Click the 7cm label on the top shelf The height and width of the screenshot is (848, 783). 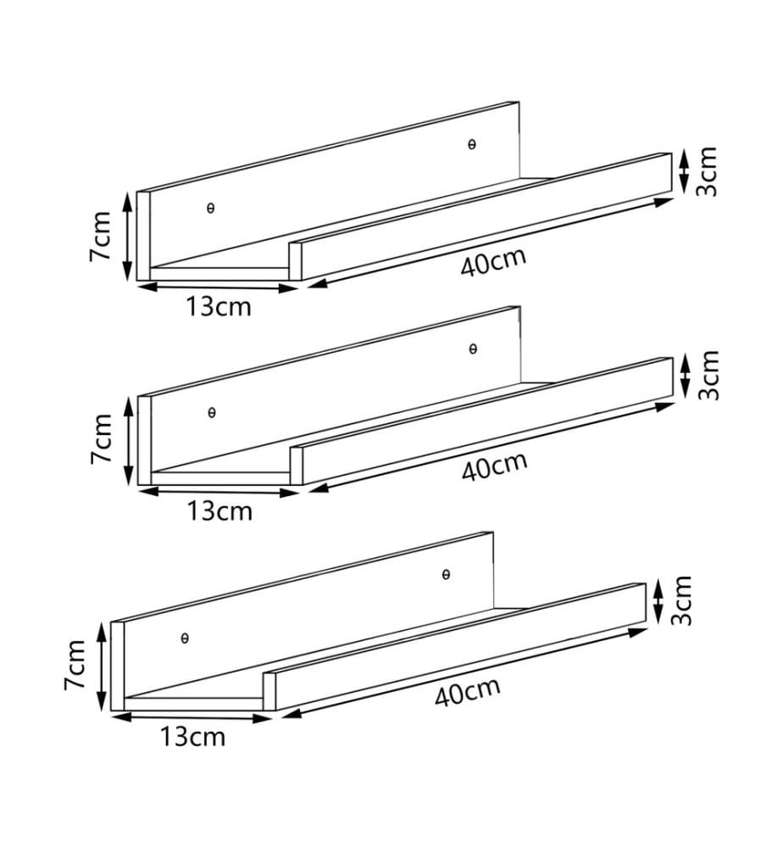click(100, 237)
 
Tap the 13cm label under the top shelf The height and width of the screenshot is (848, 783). click(219, 307)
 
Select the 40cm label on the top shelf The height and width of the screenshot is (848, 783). click(493, 261)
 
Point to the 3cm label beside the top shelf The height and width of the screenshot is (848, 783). click(707, 171)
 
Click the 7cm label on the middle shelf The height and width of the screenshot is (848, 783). click(101, 438)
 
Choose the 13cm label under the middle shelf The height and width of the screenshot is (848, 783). click(220, 511)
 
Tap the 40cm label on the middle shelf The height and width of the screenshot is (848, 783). click(494, 466)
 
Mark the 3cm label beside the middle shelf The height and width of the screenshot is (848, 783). click(708, 376)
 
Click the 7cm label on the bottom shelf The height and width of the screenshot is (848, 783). click(75, 665)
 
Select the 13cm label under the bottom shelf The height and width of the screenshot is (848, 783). click(193, 737)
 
